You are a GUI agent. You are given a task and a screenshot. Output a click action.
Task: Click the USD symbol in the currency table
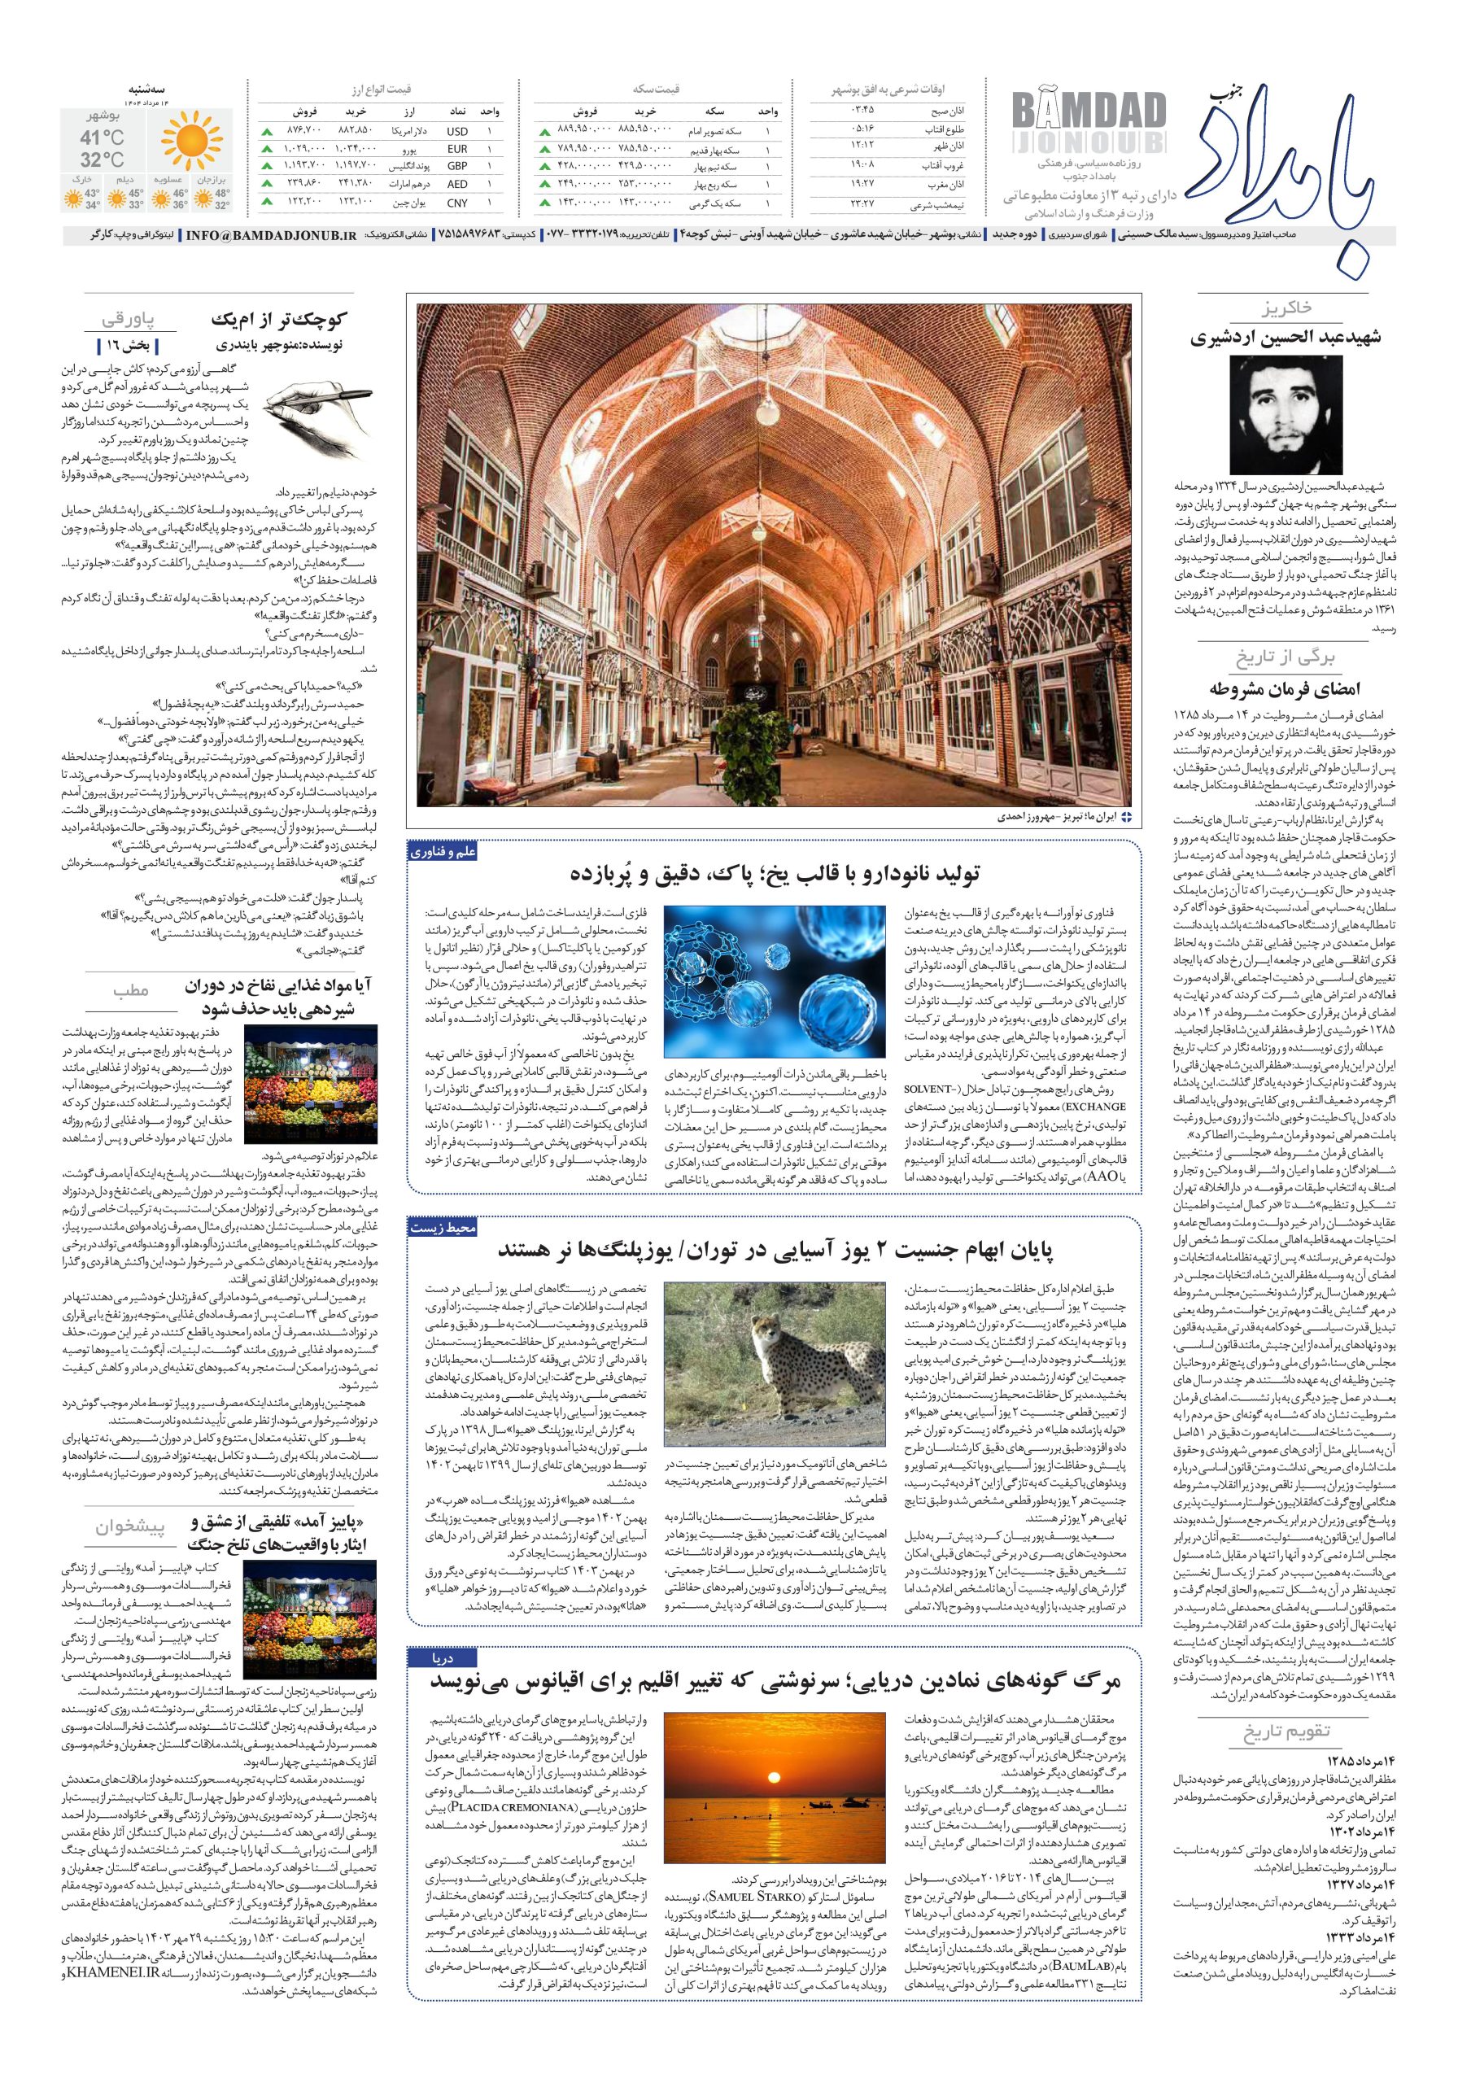click(457, 131)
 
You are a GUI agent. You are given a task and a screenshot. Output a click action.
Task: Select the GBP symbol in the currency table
click(457, 167)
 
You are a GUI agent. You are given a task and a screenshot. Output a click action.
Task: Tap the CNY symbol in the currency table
click(457, 203)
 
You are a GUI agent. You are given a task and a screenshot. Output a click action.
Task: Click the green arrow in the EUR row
click(266, 149)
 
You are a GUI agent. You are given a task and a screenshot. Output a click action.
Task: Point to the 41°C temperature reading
click(102, 138)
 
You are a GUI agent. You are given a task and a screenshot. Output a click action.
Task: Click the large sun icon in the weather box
click(191, 142)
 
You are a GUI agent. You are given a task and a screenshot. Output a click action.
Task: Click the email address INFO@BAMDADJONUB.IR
click(271, 235)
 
